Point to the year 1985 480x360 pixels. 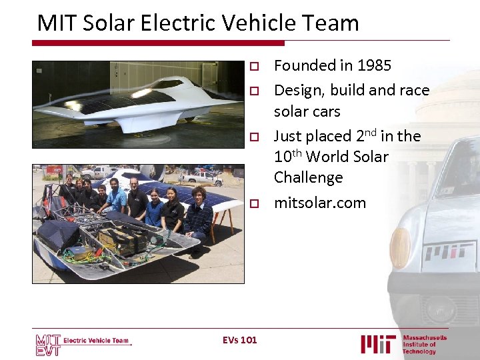[x=373, y=65]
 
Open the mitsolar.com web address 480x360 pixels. [x=320, y=203]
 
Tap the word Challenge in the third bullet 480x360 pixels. [x=308, y=178]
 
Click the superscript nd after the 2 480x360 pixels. [x=371, y=131]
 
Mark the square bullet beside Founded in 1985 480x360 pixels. [x=253, y=66]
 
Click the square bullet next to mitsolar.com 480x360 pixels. [x=253, y=203]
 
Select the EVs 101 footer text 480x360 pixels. [x=239, y=340]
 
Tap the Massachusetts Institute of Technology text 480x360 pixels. [x=425, y=344]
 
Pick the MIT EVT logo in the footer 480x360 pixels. [x=48, y=345]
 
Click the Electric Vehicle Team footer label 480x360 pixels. [x=97, y=341]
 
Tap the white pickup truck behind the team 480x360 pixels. [x=200, y=177]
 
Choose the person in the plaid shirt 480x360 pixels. [x=199, y=217]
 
